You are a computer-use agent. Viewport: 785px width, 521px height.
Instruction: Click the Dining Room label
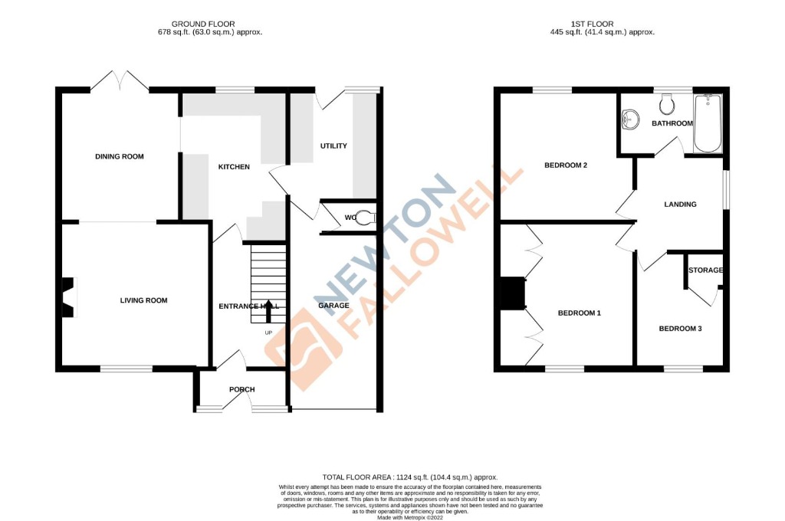pyautogui.click(x=120, y=157)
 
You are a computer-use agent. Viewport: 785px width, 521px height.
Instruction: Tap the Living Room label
pyautogui.click(x=143, y=300)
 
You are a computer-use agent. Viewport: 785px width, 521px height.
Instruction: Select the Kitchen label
pyautogui.click(x=234, y=167)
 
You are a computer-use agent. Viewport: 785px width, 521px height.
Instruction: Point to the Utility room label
pyautogui.click(x=333, y=146)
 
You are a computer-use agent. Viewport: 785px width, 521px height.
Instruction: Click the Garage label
pyautogui.click(x=333, y=306)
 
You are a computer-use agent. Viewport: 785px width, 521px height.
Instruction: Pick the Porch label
pyautogui.click(x=241, y=390)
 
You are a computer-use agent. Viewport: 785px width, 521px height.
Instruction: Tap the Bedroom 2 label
pyautogui.click(x=566, y=165)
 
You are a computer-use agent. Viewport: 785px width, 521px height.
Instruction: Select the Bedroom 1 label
pyautogui.click(x=579, y=313)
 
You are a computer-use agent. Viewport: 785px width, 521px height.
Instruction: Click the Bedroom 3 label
pyautogui.click(x=680, y=329)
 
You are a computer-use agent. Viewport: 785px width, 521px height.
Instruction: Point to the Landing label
pyautogui.click(x=680, y=205)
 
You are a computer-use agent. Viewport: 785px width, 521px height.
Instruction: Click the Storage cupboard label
pyautogui.click(x=705, y=270)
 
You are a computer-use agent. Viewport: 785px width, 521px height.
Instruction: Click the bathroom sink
pyautogui.click(x=631, y=119)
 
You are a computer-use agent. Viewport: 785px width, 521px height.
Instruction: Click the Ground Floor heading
pyautogui.click(x=203, y=25)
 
